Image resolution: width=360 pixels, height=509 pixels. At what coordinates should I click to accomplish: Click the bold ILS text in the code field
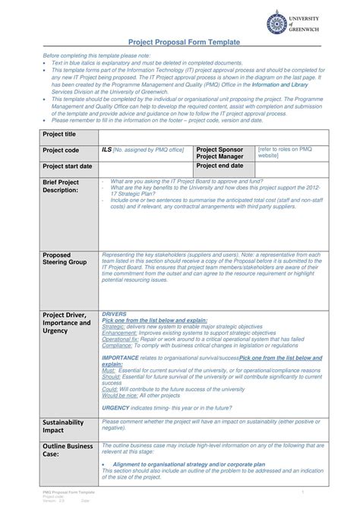[106, 150]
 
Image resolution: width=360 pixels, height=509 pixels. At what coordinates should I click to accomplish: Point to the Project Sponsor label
[220, 150]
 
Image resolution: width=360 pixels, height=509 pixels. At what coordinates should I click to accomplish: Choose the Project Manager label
[220, 157]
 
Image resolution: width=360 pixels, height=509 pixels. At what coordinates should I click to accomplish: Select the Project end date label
[220, 166]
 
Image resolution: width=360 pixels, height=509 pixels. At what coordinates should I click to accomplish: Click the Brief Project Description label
[61, 186]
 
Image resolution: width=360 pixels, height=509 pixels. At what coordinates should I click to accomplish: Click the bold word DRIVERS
[114, 314]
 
